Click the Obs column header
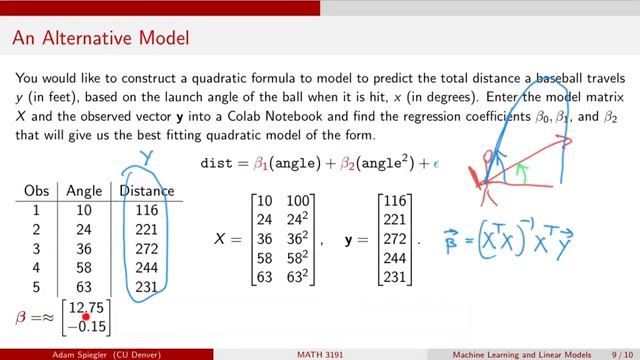click(35, 191)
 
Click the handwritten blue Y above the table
click(146, 156)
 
